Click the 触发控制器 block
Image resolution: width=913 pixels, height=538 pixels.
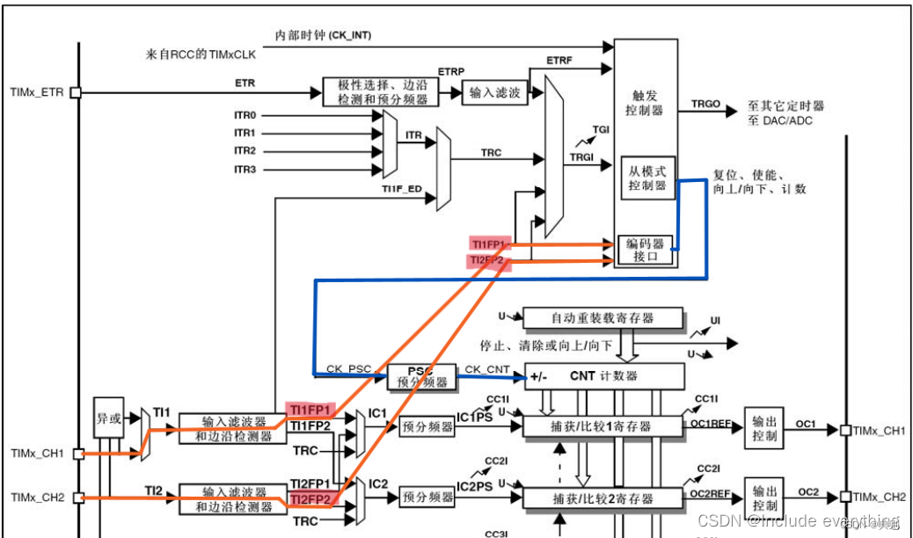646,103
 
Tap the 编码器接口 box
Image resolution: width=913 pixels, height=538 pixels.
644,249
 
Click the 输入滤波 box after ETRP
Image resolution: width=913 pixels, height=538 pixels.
494,92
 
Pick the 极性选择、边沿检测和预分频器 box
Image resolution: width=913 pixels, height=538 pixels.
382,92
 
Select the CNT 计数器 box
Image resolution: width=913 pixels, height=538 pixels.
603,376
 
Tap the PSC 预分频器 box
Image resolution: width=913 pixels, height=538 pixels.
421,376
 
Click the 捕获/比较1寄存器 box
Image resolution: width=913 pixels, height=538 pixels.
603,426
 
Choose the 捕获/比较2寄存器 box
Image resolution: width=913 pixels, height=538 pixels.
603,498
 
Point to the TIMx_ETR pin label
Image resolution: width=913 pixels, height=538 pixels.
36,91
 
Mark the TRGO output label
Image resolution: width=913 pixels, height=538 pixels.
705,104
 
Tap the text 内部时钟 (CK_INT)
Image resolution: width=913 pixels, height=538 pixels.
324,35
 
